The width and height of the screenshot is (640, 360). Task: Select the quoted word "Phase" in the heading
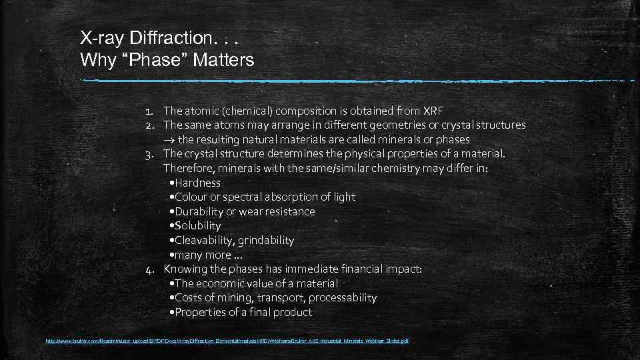153,60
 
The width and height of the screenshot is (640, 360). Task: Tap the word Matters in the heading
223,60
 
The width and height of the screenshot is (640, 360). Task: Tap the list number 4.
151,269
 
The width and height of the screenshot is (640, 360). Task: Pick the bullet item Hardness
197,183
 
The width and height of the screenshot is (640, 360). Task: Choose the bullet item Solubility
197,226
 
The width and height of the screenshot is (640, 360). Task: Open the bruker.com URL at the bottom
227,341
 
